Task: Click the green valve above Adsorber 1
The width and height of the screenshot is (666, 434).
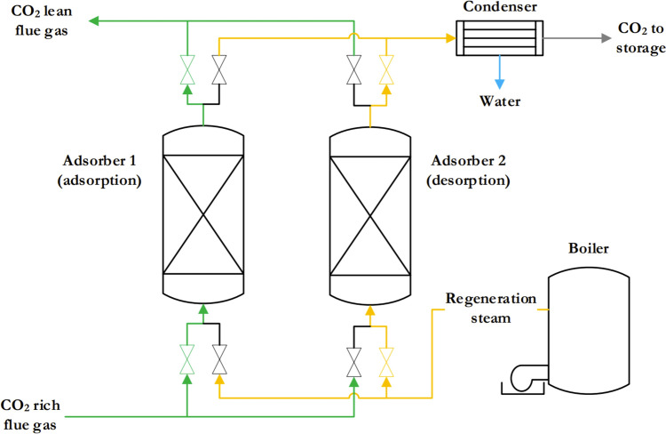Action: point(187,70)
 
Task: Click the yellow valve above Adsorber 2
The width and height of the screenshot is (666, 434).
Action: point(386,70)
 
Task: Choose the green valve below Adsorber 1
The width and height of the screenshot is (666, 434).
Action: point(187,359)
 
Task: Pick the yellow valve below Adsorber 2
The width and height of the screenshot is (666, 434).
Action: point(386,359)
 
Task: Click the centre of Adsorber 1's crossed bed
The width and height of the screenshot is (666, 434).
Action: point(204,215)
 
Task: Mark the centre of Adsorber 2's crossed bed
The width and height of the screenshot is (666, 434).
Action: point(370,215)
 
